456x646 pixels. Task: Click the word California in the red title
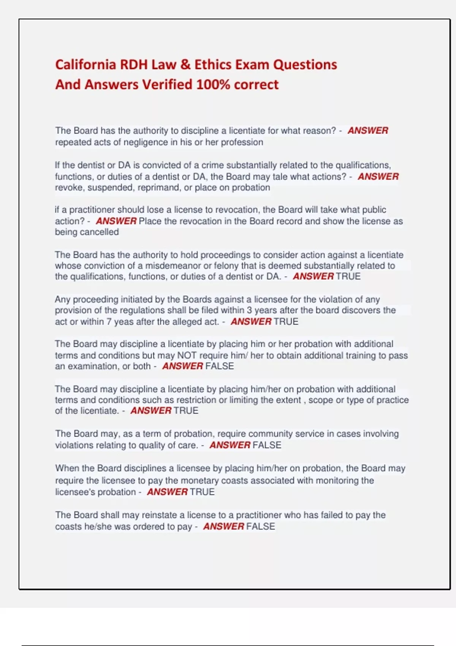(x=85, y=65)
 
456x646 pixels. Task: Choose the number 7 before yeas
(x=109, y=322)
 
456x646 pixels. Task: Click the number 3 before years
(x=249, y=310)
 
